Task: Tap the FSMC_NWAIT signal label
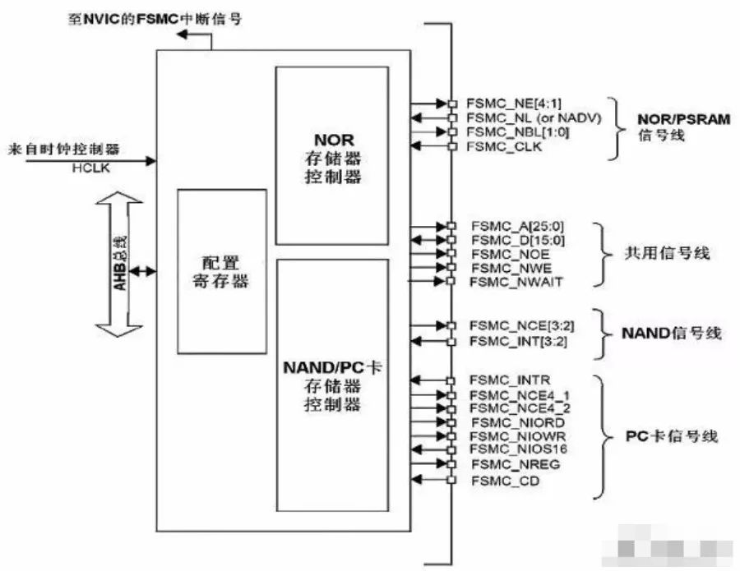coord(505,282)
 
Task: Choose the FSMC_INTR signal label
coord(504,380)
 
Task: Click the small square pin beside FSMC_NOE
coord(451,254)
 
